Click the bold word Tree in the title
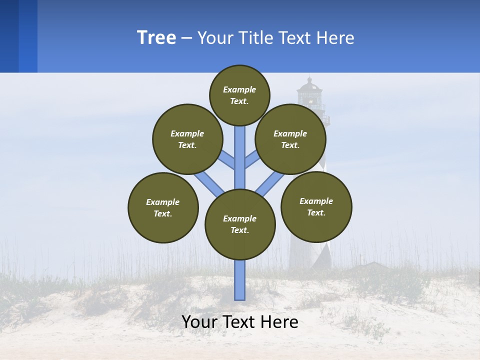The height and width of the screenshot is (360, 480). [x=156, y=38]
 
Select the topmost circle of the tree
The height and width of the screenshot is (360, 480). [x=239, y=95]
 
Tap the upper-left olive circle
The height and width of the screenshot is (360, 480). [x=187, y=139]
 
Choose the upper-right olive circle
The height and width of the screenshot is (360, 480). [x=290, y=139]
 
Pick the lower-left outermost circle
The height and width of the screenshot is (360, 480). [x=163, y=207]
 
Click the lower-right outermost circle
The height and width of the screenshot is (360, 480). [x=316, y=206]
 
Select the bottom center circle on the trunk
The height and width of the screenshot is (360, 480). [x=240, y=224]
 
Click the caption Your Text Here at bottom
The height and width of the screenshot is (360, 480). [x=240, y=322]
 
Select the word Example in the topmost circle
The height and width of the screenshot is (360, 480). [x=239, y=89]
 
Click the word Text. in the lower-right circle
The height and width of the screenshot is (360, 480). [x=316, y=212]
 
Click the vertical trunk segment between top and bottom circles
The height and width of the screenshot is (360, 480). [x=240, y=160]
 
